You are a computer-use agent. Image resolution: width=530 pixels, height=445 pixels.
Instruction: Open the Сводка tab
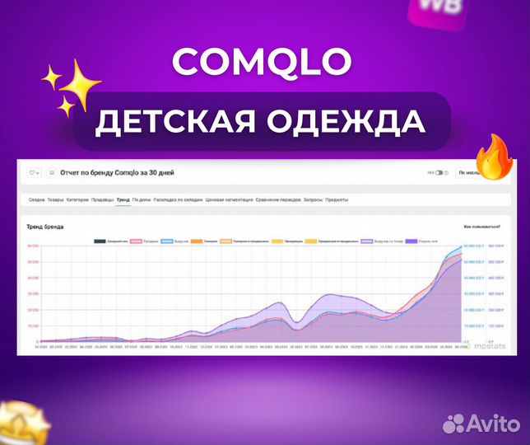(36, 200)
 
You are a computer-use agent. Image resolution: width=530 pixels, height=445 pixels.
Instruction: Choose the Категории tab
(78, 200)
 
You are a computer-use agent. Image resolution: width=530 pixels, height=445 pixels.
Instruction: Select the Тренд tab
(123, 200)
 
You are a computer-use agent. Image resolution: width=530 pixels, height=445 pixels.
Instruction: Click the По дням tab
(142, 200)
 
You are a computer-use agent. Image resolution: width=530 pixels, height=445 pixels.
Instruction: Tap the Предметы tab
(337, 200)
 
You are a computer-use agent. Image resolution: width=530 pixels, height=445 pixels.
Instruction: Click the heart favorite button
(33, 173)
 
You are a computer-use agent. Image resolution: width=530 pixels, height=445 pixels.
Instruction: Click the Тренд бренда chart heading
(46, 226)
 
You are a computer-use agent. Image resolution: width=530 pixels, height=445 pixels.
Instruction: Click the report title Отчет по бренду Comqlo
(115, 173)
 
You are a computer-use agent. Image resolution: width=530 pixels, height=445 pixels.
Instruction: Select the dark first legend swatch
(99, 241)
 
